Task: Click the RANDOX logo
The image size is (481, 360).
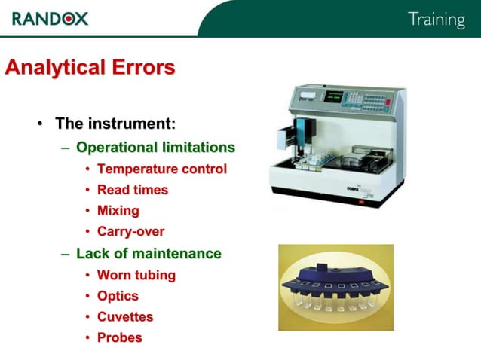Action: (x=50, y=17)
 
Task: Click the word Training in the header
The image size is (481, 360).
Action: (x=436, y=20)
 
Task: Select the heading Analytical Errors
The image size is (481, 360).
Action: (x=90, y=68)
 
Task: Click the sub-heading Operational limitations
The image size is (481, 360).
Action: (x=155, y=147)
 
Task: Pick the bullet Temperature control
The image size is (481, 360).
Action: (x=161, y=169)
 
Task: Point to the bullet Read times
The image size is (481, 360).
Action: (x=132, y=190)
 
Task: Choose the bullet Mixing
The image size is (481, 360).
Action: (x=118, y=211)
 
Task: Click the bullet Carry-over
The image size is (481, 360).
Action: (x=130, y=232)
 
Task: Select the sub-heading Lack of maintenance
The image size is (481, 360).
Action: (x=149, y=254)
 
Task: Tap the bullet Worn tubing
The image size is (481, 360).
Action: (x=136, y=275)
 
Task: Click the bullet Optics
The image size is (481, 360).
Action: (x=118, y=296)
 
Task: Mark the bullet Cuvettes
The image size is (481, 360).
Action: (x=124, y=317)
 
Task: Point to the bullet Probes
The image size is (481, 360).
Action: (x=119, y=337)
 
